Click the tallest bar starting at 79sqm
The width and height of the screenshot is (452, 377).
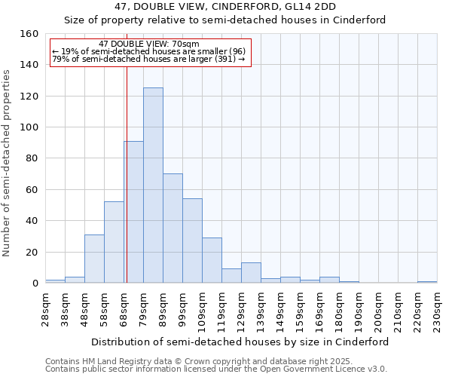pyautogui.click(x=153, y=185)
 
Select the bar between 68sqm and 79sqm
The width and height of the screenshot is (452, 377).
pyautogui.click(x=133, y=212)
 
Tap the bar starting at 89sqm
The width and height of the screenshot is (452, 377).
pyautogui.click(x=173, y=228)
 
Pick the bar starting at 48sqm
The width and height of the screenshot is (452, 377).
pyautogui.click(x=94, y=259)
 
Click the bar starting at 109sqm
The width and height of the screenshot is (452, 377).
pyautogui.click(x=212, y=260)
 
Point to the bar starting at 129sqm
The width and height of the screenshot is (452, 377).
pyautogui.click(x=251, y=273)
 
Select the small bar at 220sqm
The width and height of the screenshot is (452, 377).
pyautogui.click(x=427, y=282)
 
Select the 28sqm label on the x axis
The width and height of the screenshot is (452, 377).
pyautogui.click(x=46, y=308)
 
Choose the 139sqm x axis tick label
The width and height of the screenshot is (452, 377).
pyautogui.click(x=261, y=308)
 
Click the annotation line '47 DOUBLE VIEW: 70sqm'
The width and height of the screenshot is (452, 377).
pyautogui.click(x=149, y=44)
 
